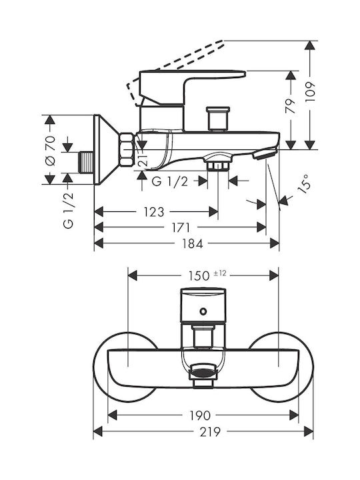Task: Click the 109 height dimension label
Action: point(310,92)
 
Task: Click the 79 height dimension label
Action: point(291,106)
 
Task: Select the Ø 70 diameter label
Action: point(50,150)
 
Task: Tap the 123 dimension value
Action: point(154,212)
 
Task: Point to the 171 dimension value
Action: point(181,228)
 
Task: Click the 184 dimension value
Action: point(193,244)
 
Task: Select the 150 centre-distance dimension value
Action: point(199,276)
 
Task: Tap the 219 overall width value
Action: point(210,432)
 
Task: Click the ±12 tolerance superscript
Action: point(220,273)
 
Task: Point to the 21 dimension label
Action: point(143,159)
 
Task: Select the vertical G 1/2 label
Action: point(69,211)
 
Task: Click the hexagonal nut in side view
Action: point(127,150)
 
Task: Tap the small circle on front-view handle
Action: point(203,311)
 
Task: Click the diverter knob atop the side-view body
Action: point(218,119)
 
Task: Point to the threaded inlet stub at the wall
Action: point(86,161)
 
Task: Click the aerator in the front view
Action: point(203,371)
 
